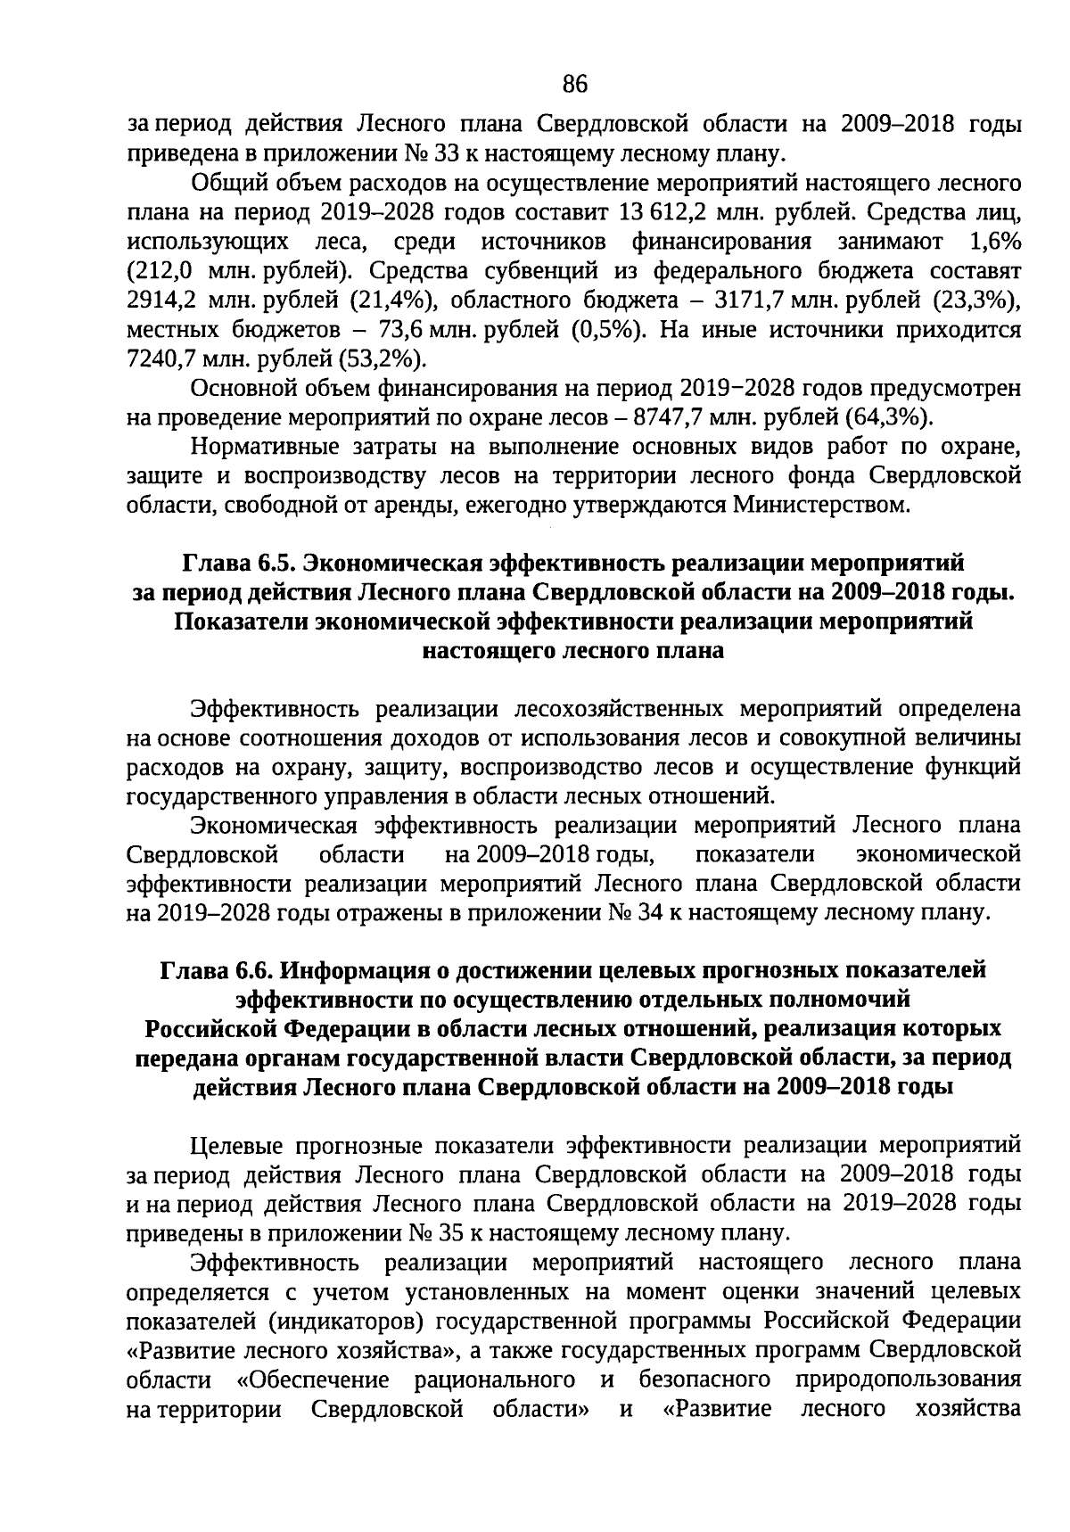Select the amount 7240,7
[158, 359]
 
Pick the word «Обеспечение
[313, 1380]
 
